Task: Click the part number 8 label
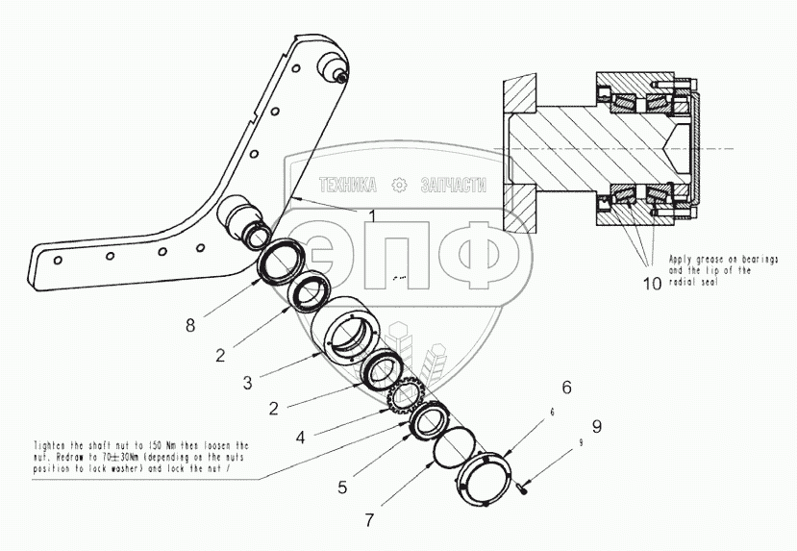coord(190,325)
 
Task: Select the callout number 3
coord(248,383)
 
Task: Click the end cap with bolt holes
coord(483,480)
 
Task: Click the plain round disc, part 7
coord(453,449)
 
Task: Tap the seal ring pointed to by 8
coord(281,263)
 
